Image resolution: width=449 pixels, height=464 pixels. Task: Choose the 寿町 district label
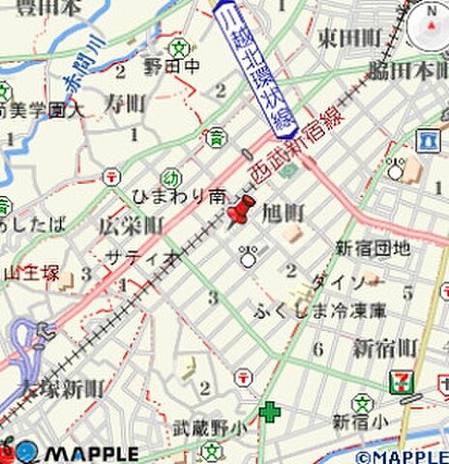click(125, 102)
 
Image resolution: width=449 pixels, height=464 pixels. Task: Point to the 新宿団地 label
click(374, 248)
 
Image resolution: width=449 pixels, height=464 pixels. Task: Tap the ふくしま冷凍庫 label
click(319, 310)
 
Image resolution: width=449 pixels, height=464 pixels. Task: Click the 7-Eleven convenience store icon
click(401, 380)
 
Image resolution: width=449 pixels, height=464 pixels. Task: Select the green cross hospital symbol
click(269, 413)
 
